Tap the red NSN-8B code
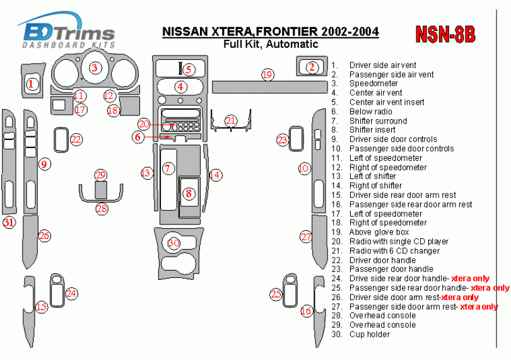click(445, 35)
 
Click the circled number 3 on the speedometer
click(95, 68)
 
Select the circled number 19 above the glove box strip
click(267, 75)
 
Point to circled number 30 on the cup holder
click(173, 242)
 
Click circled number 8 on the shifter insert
click(188, 194)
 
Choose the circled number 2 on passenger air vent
click(311, 67)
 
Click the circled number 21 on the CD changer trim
click(231, 120)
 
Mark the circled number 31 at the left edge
click(9, 223)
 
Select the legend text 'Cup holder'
click(370, 334)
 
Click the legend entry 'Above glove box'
click(379, 232)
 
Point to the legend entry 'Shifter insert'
click(373, 130)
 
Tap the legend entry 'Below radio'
click(370, 112)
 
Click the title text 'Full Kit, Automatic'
click(270, 44)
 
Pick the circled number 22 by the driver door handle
click(76, 139)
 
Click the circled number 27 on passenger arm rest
click(306, 237)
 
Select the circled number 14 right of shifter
click(216, 175)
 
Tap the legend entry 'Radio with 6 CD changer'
click(395, 251)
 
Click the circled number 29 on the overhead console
click(101, 175)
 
